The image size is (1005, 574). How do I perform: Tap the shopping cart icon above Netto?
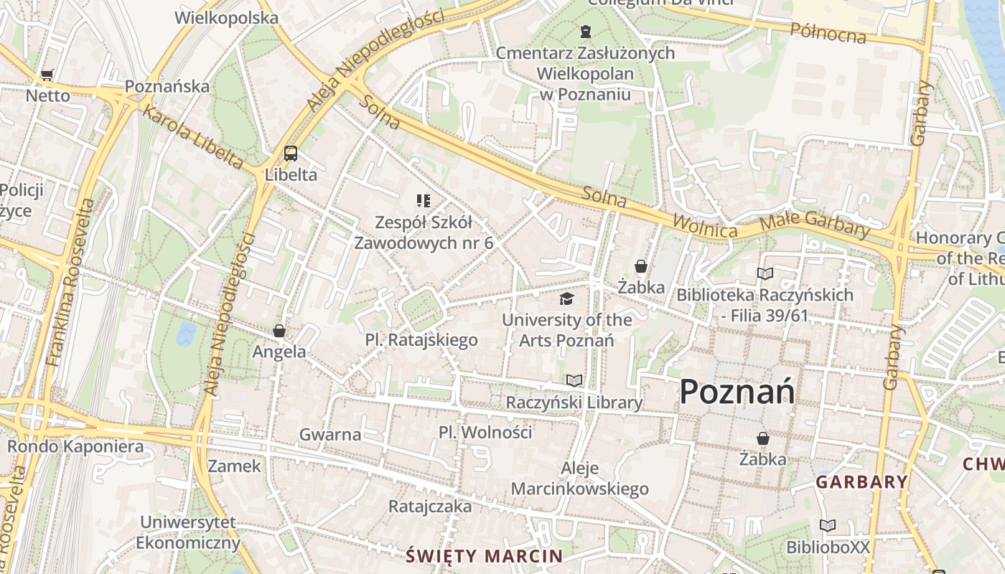point(47,75)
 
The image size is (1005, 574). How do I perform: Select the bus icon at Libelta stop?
point(290,153)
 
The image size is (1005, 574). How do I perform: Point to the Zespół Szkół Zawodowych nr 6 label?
point(424,232)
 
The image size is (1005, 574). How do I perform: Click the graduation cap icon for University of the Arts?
point(567,298)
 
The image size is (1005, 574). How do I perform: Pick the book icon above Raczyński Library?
point(574,380)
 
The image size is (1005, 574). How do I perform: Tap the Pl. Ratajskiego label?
point(421,340)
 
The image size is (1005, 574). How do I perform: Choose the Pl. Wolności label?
point(485,432)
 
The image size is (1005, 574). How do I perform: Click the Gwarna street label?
point(330,434)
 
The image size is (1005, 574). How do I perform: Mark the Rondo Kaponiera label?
point(75,446)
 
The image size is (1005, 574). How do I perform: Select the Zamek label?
point(235,466)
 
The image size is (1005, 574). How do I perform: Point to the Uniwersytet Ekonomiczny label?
point(188,532)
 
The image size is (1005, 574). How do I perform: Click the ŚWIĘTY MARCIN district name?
point(484,555)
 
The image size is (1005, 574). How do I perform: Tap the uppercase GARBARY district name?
point(861,482)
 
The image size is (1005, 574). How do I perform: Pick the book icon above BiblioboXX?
point(828,526)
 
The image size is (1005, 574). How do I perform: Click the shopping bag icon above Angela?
point(279,331)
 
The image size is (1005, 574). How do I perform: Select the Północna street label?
point(828,32)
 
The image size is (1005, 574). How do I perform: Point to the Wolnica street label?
point(704,226)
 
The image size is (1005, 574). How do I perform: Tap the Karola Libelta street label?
point(192,137)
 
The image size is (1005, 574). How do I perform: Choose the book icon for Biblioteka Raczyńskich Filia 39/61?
point(765,273)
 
